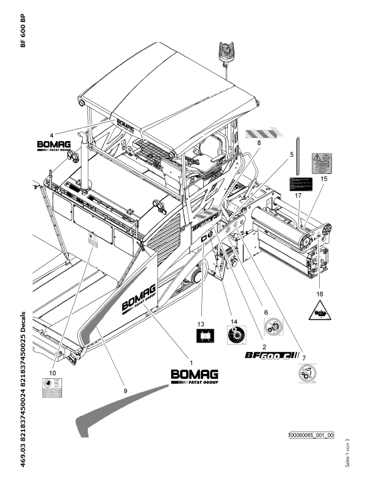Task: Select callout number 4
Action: tap(51, 132)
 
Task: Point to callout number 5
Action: tap(291, 154)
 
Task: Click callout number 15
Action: tap(324, 179)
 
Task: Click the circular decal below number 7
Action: tap(304, 373)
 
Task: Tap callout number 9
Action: tap(125, 390)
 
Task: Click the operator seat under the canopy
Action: tap(208, 153)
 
